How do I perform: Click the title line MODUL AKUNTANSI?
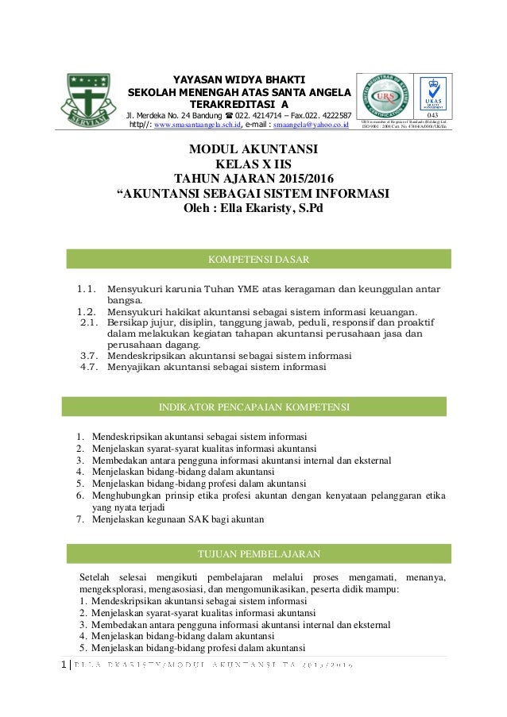(x=253, y=149)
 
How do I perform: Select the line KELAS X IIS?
(x=253, y=164)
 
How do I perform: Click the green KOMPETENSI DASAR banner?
(x=257, y=259)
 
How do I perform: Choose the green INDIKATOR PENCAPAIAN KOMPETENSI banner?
(x=254, y=407)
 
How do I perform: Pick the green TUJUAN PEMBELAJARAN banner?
(x=257, y=553)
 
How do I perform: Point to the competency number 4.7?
(x=90, y=368)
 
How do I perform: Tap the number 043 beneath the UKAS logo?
(x=432, y=115)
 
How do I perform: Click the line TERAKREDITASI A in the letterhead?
(x=240, y=103)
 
